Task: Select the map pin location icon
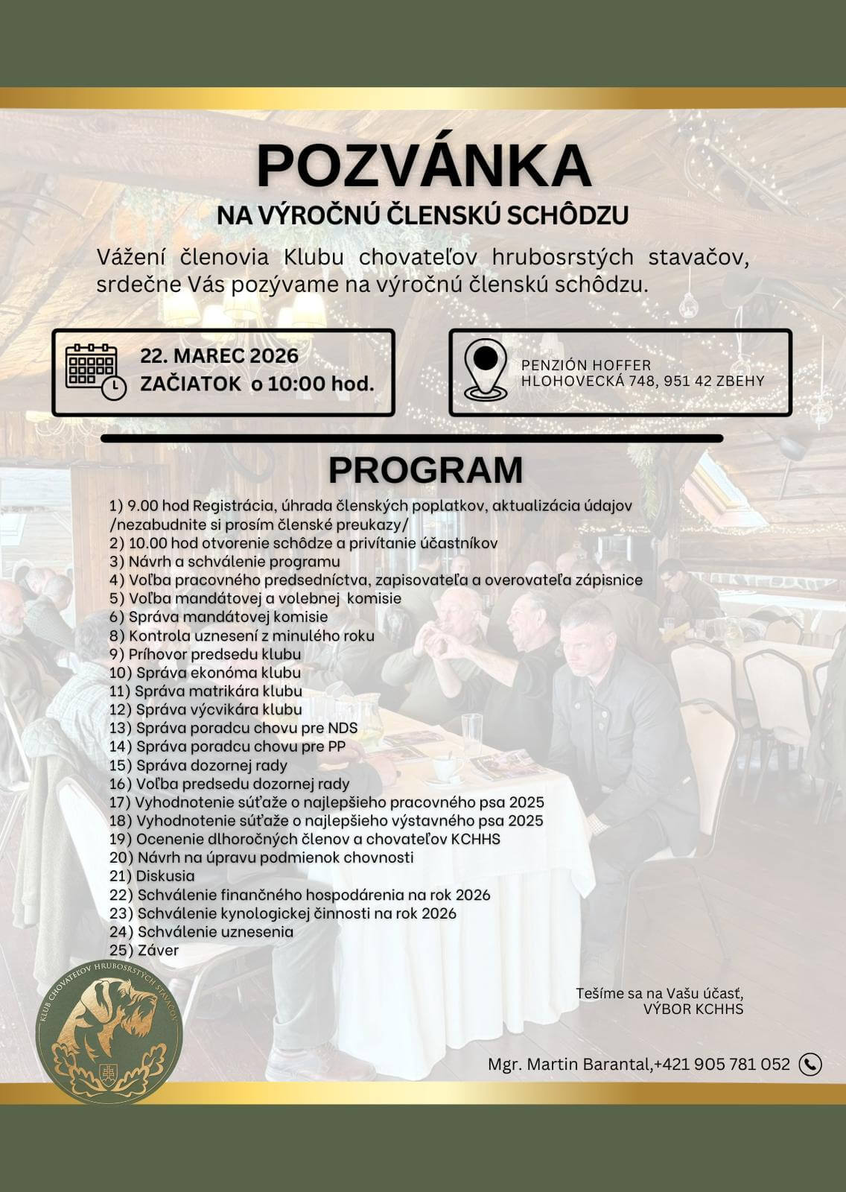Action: click(x=486, y=370)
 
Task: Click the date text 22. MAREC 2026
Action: click(x=219, y=356)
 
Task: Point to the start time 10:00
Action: click(x=297, y=384)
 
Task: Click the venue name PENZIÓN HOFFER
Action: click(x=586, y=366)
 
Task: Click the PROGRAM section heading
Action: click(x=425, y=470)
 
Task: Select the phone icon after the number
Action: click(x=810, y=1064)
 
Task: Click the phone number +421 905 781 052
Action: click(x=722, y=1064)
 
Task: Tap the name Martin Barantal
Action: click(x=589, y=1064)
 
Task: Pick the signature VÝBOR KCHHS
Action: click(x=693, y=1009)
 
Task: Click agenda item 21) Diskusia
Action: click(x=152, y=876)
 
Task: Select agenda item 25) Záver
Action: click(x=144, y=950)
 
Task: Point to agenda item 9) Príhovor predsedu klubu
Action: click(x=206, y=654)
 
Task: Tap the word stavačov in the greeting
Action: click(x=698, y=257)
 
